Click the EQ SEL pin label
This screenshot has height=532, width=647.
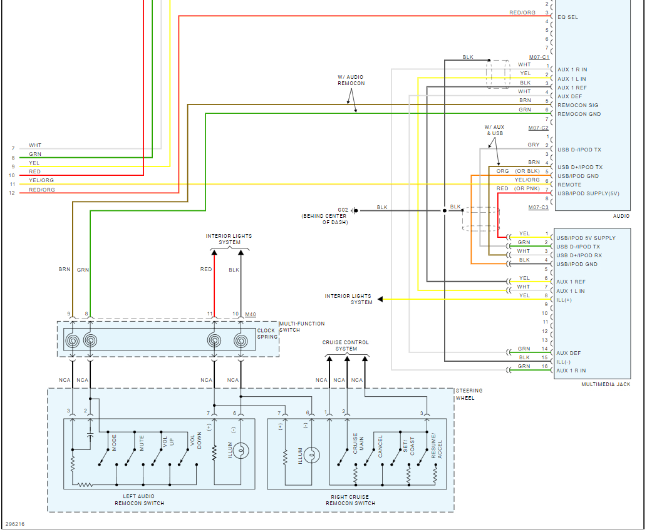(568, 17)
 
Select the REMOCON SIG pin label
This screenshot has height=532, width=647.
(577, 105)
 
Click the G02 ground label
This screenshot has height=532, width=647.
(343, 210)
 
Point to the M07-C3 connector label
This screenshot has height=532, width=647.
(539, 207)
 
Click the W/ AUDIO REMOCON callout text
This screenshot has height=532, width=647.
(351, 80)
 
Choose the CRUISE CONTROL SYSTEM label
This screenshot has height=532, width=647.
(346, 345)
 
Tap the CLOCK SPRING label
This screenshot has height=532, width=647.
(266, 334)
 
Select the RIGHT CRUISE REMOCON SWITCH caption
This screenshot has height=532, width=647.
(351, 500)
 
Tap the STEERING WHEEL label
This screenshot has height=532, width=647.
(469, 394)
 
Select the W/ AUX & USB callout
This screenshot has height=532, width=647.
(494, 130)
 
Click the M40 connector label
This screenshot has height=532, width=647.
(251, 314)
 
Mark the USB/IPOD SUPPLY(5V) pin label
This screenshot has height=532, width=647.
(587, 193)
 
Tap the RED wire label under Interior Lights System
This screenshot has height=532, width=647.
(206, 270)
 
